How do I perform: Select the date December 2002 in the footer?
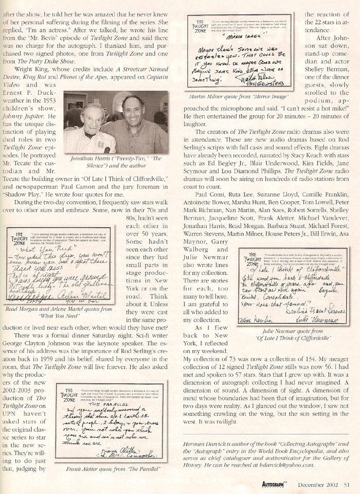pos(320,483)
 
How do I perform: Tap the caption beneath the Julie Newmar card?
pos(289,335)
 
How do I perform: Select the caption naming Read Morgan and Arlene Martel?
pos(59,311)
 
